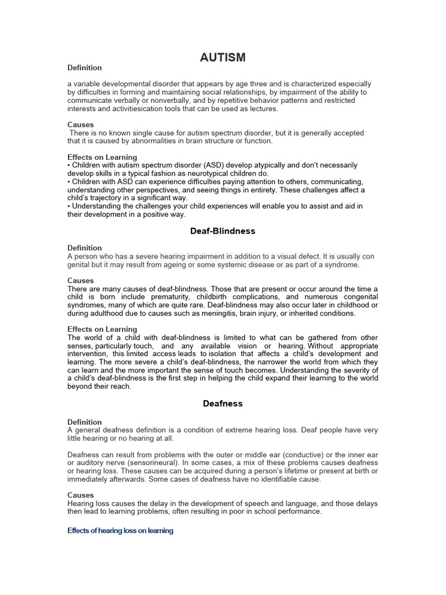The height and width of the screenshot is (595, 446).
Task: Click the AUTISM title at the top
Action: pyautogui.click(x=222, y=57)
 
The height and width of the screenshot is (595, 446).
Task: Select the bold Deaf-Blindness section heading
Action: pyautogui.click(x=222, y=231)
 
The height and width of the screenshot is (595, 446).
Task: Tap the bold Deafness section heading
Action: pyautogui.click(x=222, y=403)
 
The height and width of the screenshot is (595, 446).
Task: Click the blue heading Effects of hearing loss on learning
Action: pyautogui.click(x=120, y=531)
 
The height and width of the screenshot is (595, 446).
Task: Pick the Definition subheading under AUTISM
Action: pyautogui.click(x=84, y=68)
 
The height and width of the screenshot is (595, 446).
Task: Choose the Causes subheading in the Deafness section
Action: pyautogui.click(x=81, y=495)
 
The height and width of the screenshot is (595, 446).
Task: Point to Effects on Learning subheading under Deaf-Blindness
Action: pyautogui.click(x=102, y=329)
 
